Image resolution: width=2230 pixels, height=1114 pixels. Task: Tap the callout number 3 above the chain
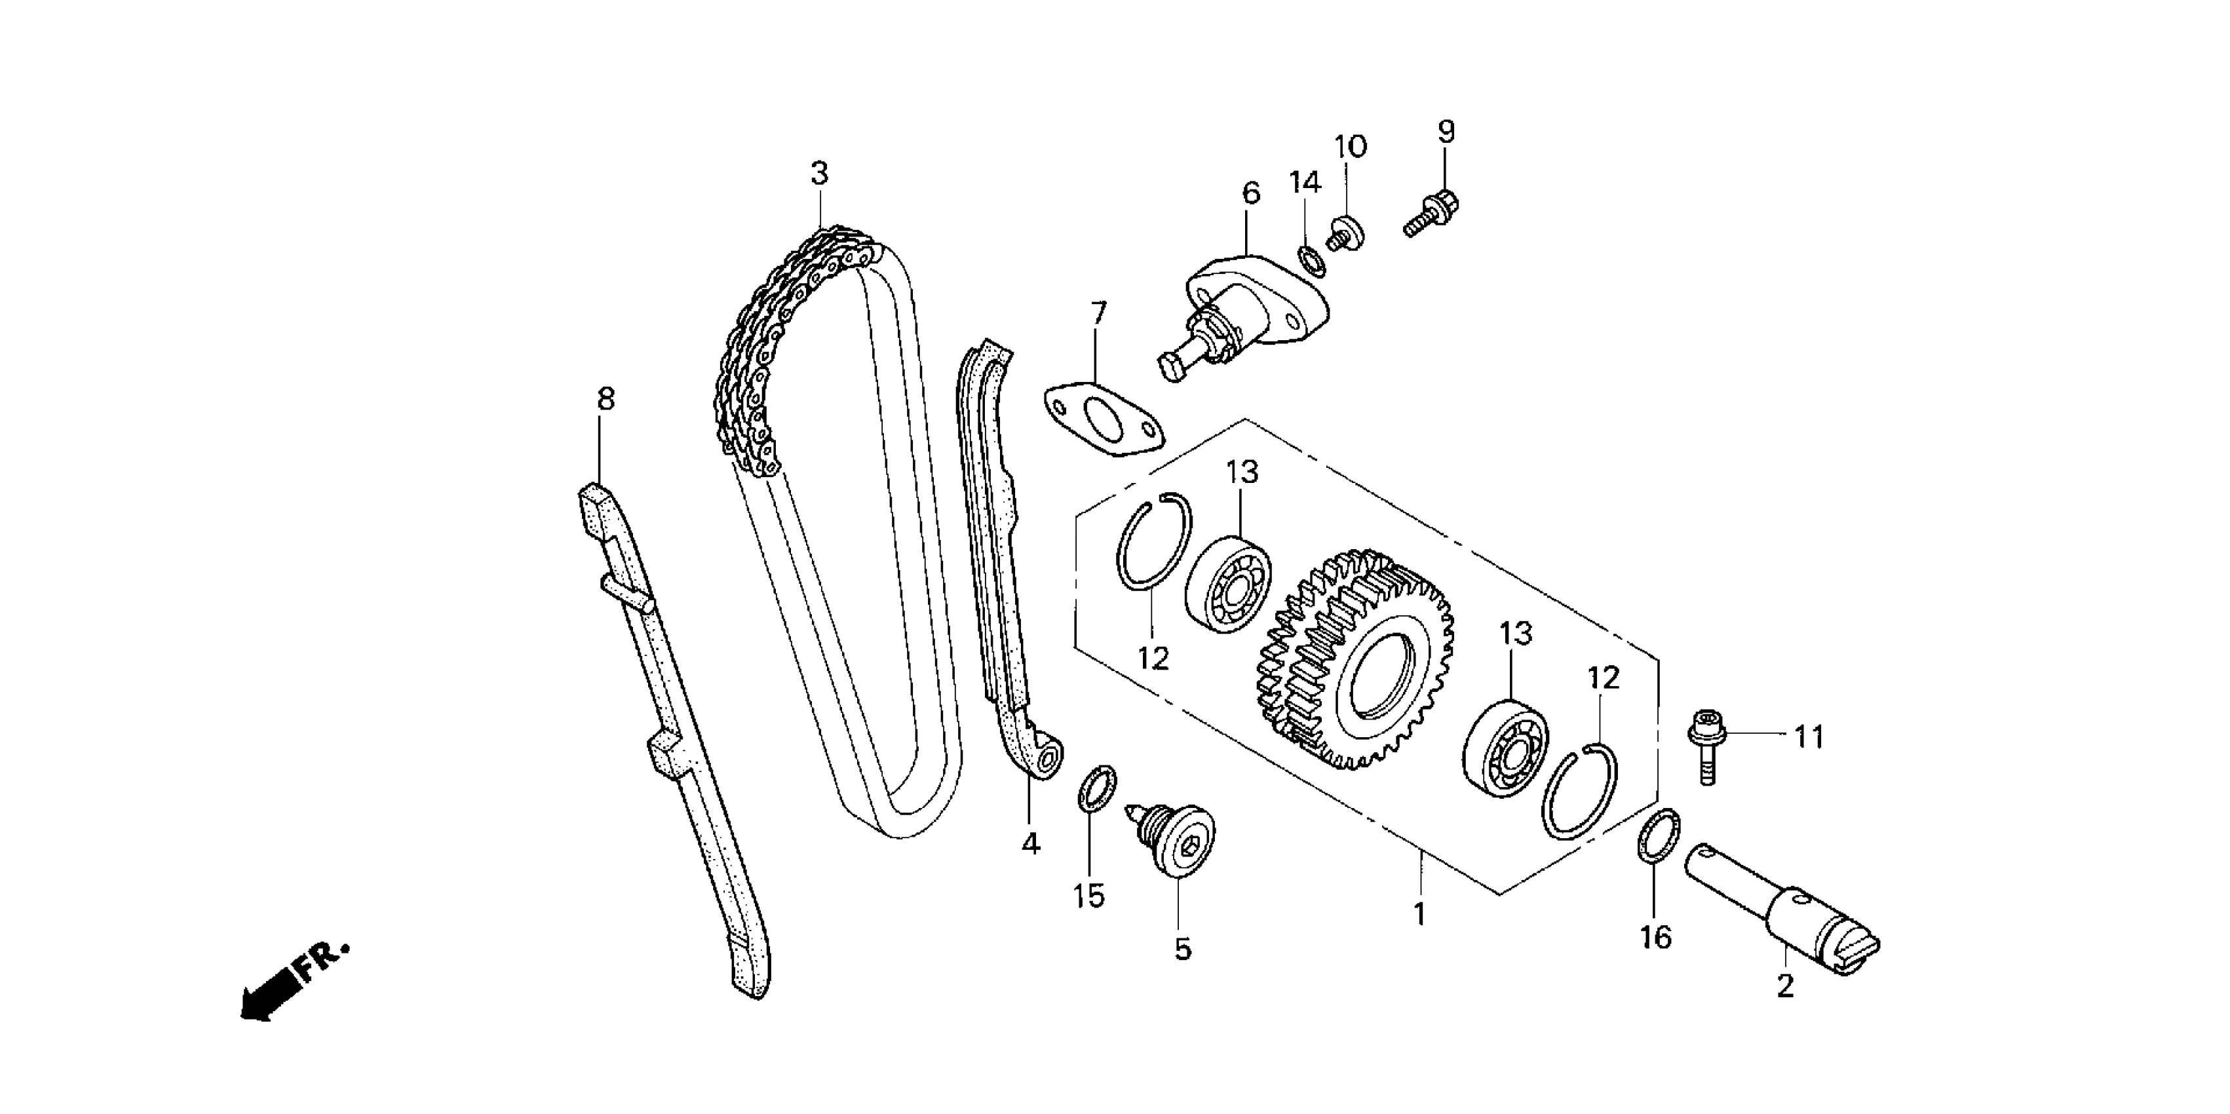pyautogui.click(x=819, y=173)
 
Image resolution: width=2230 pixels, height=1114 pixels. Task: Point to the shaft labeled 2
pyautogui.click(x=1783, y=914)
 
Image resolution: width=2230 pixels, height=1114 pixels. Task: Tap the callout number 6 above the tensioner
pyautogui.click(x=1251, y=193)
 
